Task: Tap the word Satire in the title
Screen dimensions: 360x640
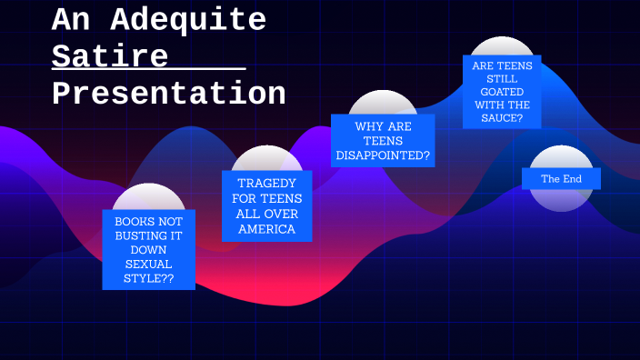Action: coord(110,56)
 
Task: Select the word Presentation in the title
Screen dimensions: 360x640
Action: coord(169,94)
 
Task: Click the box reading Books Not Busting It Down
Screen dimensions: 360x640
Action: coord(148,250)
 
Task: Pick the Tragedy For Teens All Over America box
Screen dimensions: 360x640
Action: coord(267,206)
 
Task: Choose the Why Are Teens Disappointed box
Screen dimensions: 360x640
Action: coord(383,141)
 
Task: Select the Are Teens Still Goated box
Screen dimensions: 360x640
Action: coord(502,92)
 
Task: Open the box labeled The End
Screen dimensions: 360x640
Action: coord(561,179)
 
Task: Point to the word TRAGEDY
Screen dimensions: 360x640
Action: coord(267,183)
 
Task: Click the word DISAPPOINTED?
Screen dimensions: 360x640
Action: coord(383,155)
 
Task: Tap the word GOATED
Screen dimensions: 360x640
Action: coord(502,91)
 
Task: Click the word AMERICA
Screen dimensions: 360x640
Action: coord(267,229)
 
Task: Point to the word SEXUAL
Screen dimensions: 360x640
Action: coord(148,264)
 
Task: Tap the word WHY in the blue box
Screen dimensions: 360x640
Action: coord(370,126)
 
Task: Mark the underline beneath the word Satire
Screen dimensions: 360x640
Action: coord(149,70)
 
